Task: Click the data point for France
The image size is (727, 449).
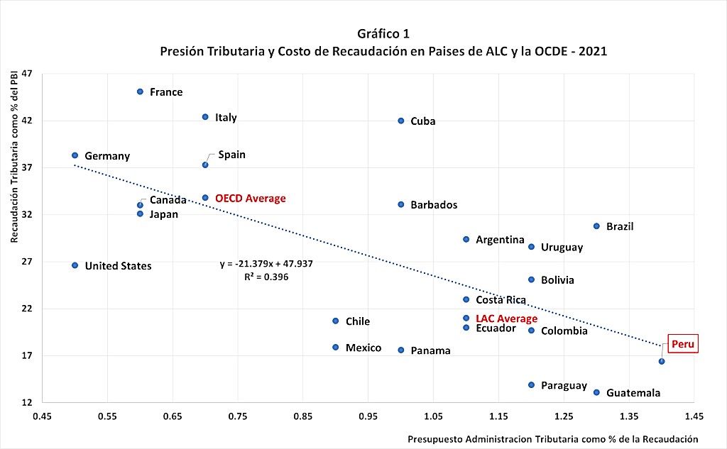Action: point(140,92)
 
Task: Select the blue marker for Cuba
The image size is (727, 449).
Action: point(401,121)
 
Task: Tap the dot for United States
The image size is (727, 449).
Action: point(75,265)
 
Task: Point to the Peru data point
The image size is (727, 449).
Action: point(662,362)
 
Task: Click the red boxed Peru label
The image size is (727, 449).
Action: point(683,344)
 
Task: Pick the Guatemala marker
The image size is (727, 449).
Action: point(596,392)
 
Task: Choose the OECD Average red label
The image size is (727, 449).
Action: point(251,199)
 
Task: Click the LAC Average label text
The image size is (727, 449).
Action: point(507,318)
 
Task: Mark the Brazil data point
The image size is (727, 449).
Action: point(596,226)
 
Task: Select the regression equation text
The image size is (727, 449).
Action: point(266,264)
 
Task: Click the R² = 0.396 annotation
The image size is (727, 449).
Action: point(266,277)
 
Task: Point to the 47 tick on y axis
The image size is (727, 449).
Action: point(27,73)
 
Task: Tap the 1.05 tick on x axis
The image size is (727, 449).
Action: point(434,416)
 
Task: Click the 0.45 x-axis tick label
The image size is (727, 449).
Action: point(42,416)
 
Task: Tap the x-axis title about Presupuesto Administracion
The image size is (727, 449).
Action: point(552,439)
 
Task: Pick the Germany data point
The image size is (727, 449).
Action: point(75,155)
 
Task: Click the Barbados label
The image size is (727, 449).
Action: point(434,205)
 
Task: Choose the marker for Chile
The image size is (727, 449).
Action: point(336,321)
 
